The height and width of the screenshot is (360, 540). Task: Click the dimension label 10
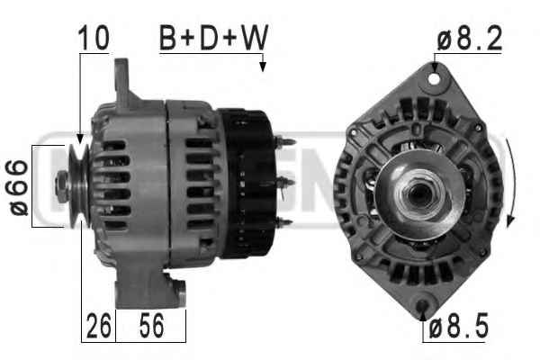point(94,37)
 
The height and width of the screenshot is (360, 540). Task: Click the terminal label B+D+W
point(213,37)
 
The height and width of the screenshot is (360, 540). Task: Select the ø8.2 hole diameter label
point(470,39)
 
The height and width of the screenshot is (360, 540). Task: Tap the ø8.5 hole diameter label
point(459,327)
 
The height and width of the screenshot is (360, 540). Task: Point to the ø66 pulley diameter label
point(18,188)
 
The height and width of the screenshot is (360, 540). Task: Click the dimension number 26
point(98,325)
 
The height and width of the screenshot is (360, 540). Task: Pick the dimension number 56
point(151,325)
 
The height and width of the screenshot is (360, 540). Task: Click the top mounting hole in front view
point(434,79)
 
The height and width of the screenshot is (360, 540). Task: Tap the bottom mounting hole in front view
point(422,306)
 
